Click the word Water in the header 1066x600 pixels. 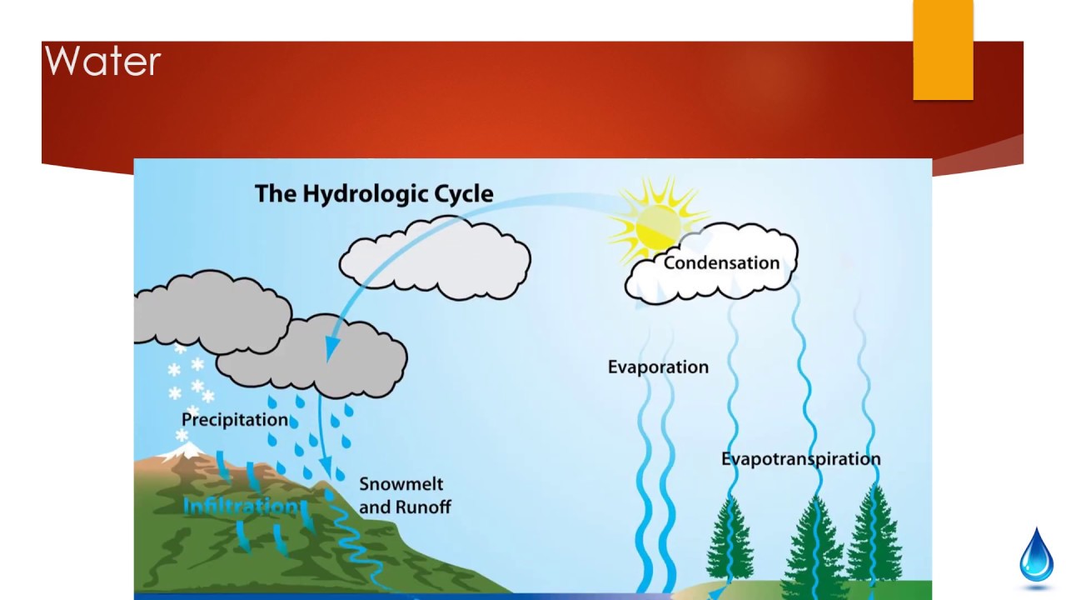[102, 62]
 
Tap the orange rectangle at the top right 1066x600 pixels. [943, 50]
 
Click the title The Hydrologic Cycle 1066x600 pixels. [374, 193]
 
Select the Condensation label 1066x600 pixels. [721, 263]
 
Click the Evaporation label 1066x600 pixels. [658, 367]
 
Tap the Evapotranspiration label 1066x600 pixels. [800, 458]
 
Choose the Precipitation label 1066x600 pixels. [235, 419]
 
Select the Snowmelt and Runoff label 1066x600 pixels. [405, 495]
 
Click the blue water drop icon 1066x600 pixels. [1037, 553]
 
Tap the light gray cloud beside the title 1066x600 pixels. [435, 258]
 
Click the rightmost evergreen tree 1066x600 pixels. [873, 537]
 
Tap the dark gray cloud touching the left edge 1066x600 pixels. [208, 312]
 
